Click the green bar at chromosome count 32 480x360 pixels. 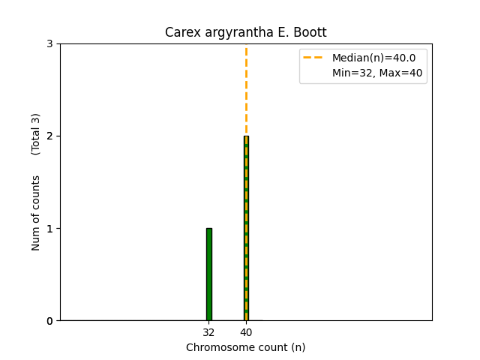tap(208, 274)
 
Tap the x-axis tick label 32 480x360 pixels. tap(208, 331)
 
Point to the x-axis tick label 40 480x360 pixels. tap(246, 331)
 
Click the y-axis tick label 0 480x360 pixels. tap(49, 321)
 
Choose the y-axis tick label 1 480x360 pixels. tap(49, 229)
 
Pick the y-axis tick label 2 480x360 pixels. tap(49, 136)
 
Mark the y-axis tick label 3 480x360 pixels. tap(49, 44)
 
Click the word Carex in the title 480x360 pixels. tap(181, 33)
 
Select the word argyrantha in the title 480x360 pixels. tap(232, 33)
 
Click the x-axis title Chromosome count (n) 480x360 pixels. tap(246, 347)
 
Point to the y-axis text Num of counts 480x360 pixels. tap(36, 213)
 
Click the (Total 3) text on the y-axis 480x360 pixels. tap(36, 134)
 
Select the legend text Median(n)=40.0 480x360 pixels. tap(368, 57)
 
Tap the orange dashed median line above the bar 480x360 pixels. tap(246, 90)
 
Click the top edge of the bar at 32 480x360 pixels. tap(208, 229)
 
